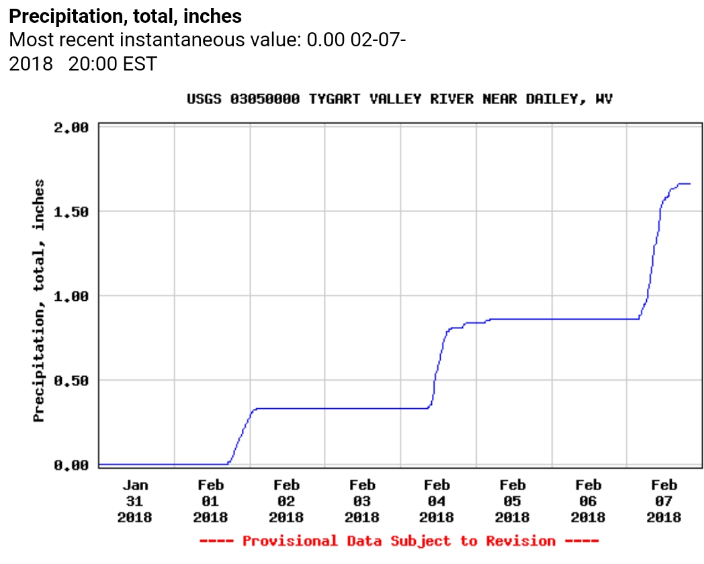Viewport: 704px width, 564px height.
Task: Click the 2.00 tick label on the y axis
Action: [71, 127]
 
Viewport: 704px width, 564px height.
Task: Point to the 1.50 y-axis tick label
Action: [71, 211]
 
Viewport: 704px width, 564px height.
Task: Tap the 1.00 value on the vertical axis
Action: [71, 295]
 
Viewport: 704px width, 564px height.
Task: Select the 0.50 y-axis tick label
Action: [71, 380]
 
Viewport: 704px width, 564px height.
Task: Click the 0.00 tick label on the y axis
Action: [71, 465]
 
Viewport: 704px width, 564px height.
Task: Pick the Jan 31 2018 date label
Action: [135, 501]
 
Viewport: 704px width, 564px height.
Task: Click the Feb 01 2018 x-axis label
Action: [210, 501]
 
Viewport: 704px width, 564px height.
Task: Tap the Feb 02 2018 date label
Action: [286, 501]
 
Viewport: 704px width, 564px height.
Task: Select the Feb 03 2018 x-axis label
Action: [362, 501]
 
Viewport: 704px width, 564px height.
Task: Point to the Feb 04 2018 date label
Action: [437, 501]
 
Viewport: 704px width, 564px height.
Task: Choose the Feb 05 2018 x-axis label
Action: [513, 501]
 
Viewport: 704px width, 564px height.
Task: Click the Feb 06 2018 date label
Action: [588, 501]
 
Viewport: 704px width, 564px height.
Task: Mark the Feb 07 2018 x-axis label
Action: [664, 501]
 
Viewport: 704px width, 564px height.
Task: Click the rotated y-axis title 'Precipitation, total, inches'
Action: [40, 301]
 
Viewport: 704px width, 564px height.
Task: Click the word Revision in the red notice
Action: [521, 541]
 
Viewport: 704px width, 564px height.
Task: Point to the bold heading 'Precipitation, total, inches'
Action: [126, 16]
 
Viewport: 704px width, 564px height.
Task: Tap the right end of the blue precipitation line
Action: [690, 183]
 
